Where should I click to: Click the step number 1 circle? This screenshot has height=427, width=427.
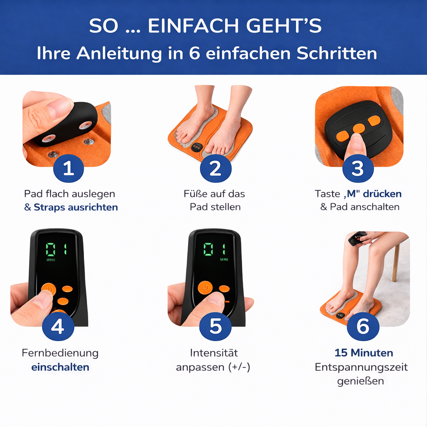coord(69,168)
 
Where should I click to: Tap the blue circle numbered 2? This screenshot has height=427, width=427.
coord(215,168)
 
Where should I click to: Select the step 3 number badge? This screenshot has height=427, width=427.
coord(357,168)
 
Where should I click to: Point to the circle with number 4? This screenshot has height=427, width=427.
coord(58,327)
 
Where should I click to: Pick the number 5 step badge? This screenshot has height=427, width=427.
coord(215,327)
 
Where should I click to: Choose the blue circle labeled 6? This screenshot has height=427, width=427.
coord(363,327)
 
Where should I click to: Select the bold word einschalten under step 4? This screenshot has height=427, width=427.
coord(60,367)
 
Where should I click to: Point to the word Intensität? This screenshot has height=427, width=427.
coord(214,353)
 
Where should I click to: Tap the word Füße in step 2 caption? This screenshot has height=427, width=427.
coord(194,194)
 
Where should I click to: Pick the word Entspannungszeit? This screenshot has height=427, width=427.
coord(361,367)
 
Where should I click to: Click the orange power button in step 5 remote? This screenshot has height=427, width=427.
coord(205,287)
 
